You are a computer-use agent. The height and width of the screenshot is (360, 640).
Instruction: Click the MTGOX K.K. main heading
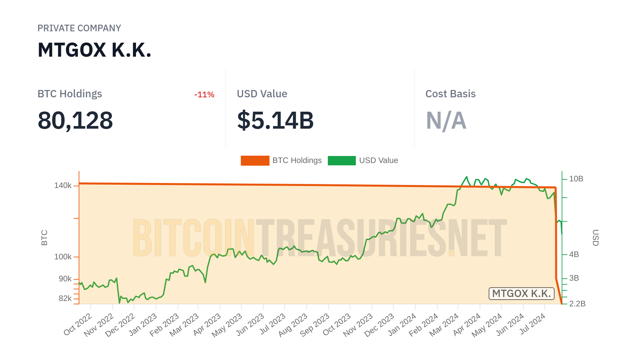[94, 50]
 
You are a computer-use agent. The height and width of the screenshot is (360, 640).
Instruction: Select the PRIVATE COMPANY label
[79, 28]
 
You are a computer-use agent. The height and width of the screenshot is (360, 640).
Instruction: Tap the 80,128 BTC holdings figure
[75, 120]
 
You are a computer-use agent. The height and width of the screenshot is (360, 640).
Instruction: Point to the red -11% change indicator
[204, 95]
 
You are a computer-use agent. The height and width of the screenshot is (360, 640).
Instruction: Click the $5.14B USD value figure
[275, 120]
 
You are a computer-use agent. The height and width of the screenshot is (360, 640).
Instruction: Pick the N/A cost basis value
[446, 120]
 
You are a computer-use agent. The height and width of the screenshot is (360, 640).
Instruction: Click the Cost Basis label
[450, 94]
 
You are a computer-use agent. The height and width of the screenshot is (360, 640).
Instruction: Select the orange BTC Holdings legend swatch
[255, 161]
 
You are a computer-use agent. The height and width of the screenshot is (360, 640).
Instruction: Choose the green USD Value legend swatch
[342, 161]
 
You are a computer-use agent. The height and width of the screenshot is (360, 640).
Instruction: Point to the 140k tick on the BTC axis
[63, 186]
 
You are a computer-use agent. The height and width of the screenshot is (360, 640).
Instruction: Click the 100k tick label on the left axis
[63, 257]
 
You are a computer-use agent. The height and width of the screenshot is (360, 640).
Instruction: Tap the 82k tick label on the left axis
[65, 299]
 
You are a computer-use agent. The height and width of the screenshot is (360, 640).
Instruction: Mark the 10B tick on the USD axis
[576, 179]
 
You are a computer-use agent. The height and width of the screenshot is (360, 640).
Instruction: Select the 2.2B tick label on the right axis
[577, 304]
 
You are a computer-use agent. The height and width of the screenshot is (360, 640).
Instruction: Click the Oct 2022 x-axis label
[78, 325]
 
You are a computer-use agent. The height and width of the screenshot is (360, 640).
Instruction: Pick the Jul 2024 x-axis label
[533, 324]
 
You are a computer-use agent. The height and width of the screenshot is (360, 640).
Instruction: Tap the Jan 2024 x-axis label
[402, 325]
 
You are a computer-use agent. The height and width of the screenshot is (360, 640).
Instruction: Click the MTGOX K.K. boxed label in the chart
[521, 294]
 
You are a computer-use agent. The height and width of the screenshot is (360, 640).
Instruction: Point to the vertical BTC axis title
[44, 238]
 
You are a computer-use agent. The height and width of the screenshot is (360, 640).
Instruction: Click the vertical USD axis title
[595, 238]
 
